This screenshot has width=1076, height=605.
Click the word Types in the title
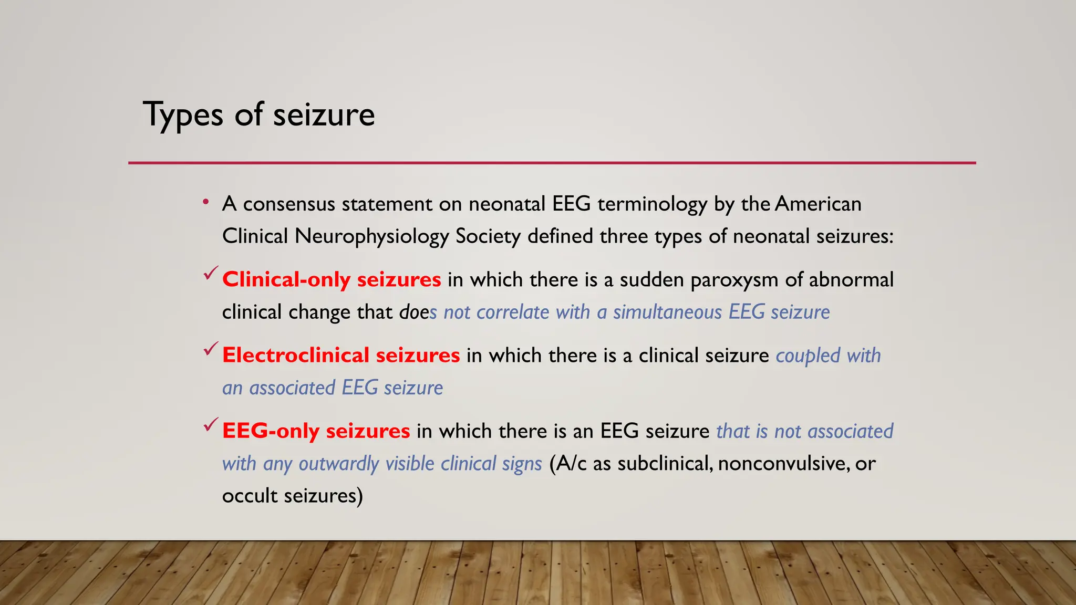(183, 114)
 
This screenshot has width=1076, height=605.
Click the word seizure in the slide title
(324, 114)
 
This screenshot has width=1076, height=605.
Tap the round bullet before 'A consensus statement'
(206, 202)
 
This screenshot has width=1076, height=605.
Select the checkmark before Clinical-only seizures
(211, 273)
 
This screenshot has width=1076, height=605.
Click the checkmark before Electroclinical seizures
(211, 349)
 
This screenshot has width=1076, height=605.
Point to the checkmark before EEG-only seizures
(211, 424)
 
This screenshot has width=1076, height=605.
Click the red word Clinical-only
(286, 279)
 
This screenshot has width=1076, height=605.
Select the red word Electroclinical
(295, 355)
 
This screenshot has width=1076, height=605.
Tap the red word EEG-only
(271, 431)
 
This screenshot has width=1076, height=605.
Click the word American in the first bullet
(818, 204)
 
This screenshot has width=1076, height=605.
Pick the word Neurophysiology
(371, 236)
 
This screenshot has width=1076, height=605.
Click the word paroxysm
(734, 279)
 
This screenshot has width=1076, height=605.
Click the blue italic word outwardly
(339, 464)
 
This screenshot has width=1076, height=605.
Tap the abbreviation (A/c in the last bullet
(568, 464)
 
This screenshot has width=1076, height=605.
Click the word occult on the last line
(250, 496)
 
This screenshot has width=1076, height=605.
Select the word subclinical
(665, 464)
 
